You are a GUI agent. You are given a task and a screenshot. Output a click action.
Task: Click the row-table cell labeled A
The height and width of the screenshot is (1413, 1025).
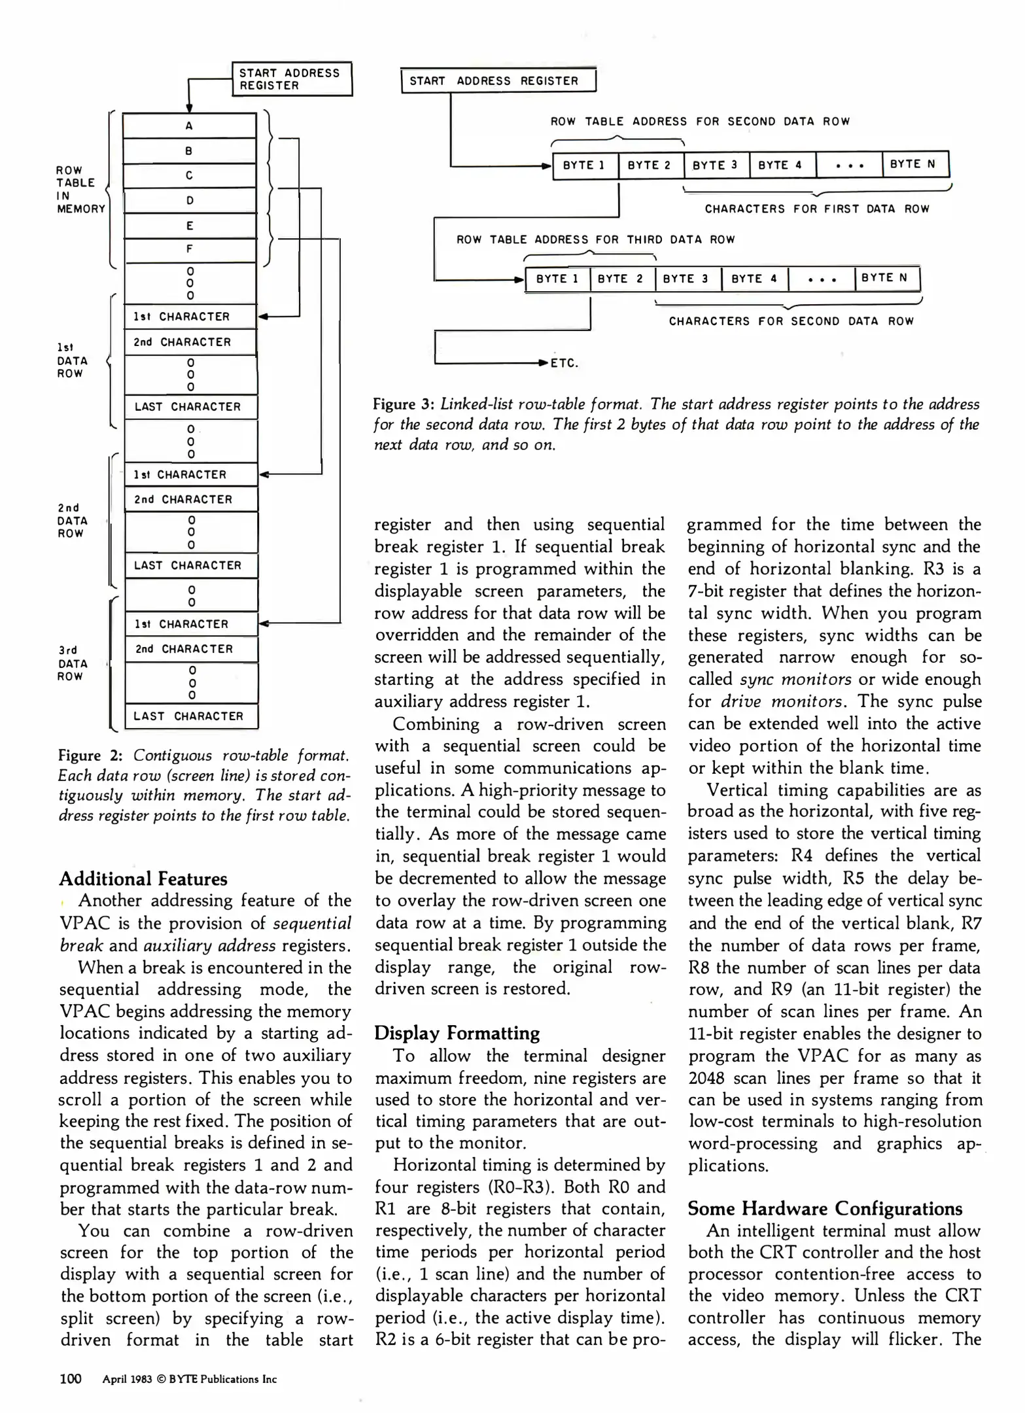(x=189, y=126)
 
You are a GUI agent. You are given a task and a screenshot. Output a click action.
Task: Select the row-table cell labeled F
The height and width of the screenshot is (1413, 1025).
(x=189, y=249)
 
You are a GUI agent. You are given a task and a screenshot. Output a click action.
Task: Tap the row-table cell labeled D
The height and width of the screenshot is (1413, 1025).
(x=189, y=200)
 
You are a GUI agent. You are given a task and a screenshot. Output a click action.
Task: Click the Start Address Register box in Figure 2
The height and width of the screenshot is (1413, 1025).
(x=292, y=79)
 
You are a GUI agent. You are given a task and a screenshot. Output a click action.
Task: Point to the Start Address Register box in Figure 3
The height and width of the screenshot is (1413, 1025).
(x=498, y=81)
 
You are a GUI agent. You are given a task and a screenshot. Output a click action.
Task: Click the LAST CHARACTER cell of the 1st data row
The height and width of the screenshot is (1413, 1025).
(x=190, y=407)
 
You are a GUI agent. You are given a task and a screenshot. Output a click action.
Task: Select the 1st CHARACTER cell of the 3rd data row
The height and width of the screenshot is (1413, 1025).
(x=190, y=624)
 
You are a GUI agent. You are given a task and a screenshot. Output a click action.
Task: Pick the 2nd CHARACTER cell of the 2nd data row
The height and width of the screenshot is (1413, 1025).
(x=190, y=500)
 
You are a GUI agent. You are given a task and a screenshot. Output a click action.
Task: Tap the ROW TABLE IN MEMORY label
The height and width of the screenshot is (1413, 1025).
(x=80, y=190)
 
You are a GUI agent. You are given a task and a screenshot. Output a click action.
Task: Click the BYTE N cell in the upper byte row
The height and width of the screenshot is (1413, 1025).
(x=914, y=164)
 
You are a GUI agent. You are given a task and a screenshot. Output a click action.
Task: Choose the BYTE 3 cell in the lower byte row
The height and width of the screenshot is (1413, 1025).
(x=687, y=279)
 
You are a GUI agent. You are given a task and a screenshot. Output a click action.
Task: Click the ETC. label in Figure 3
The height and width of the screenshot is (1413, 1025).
(x=565, y=364)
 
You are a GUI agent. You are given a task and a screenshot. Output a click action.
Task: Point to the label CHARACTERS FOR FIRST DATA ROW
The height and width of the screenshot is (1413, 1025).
(x=816, y=209)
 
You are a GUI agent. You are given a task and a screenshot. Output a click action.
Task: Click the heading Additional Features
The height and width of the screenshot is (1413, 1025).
(x=143, y=879)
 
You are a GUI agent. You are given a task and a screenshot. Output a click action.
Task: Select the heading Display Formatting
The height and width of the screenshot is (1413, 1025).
(x=457, y=1034)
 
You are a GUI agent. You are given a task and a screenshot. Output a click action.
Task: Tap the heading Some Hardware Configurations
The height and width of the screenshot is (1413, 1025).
(x=825, y=1209)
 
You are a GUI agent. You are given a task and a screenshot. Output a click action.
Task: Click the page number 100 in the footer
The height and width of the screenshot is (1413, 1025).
(x=71, y=1379)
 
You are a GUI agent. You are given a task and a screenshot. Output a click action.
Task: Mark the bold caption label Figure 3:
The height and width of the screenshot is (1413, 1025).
(x=404, y=404)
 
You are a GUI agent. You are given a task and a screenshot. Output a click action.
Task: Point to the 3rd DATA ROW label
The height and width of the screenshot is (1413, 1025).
(x=71, y=663)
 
